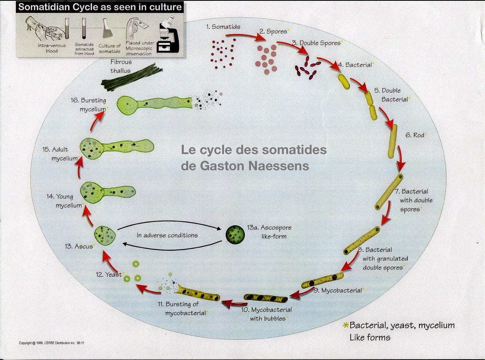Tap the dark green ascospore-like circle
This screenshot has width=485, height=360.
click(235, 234)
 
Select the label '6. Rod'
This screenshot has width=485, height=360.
click(416, 135)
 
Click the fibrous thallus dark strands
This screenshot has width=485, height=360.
click(132, 77)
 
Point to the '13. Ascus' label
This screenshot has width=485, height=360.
click(79, 246)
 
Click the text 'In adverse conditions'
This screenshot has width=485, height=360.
click(167, 235)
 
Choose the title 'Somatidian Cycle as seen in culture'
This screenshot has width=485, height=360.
click(100, 7)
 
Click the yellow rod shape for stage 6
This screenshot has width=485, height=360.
click(392, 141)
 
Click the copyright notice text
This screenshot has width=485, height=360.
click(52, 343)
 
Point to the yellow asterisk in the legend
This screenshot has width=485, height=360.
click(345, 326)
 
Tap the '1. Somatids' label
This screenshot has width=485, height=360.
click(223, 27)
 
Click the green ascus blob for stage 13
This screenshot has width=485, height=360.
click(105, 235)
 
